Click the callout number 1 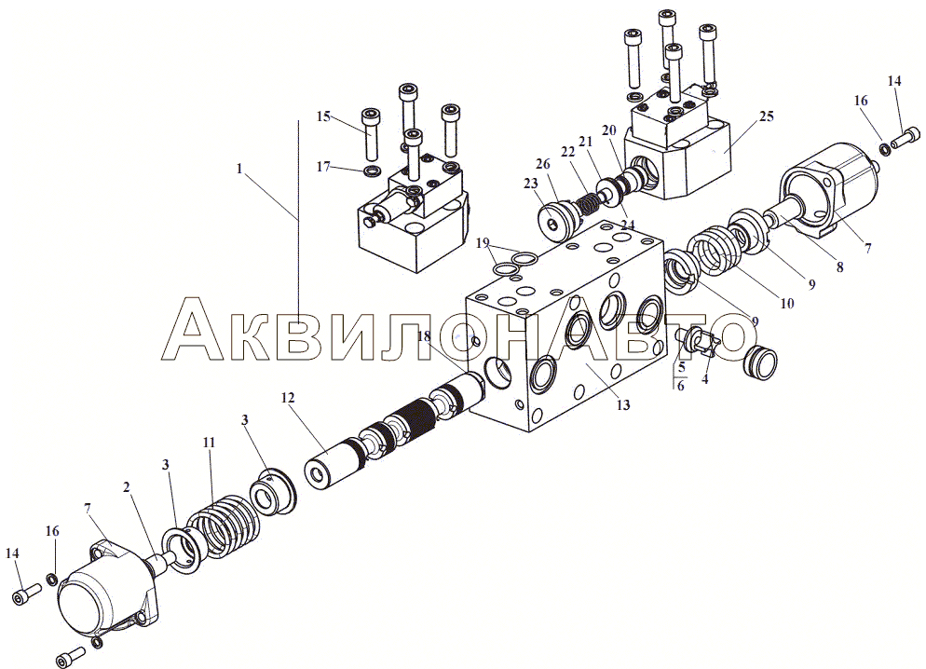click(x=239, y=169)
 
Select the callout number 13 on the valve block click(x=623, y=404)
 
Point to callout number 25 click(x=766, y=116)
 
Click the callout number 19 click(x=483, y=242)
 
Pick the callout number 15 click(x=323, y=116)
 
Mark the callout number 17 click(x=323, y=167)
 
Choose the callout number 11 click(x=209, y=443)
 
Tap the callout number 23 click(x=530, y=184)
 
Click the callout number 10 click(x=786, y=304)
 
